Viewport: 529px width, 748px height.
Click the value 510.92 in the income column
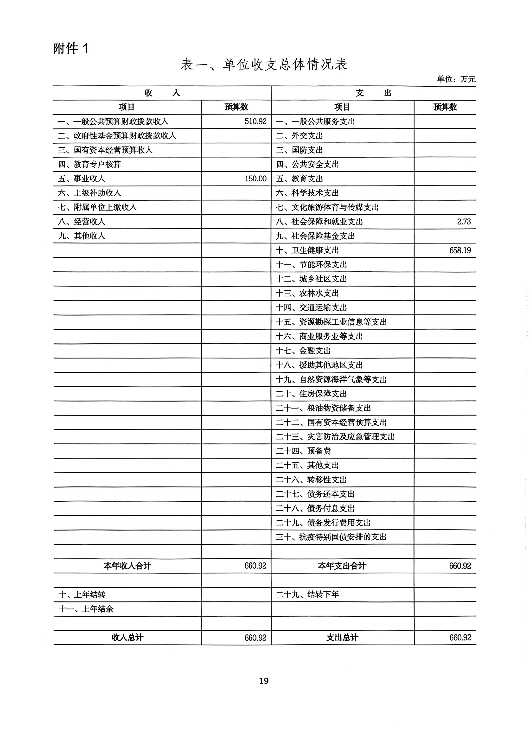click(255, 121)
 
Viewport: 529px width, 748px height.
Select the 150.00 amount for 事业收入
click(255, 179)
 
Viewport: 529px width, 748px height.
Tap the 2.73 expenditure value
click(464, 222)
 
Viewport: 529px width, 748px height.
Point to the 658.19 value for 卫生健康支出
click(460, 250)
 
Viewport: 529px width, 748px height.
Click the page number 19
click(264, 681)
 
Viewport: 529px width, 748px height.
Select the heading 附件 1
click(71, 49)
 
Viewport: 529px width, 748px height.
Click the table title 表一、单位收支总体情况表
click(264, 64)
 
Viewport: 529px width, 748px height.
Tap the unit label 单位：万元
click(456, 79)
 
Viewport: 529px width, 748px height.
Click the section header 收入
click(162, 93)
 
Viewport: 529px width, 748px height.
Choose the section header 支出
click(373, 93)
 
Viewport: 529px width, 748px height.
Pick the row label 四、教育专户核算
click(89, 164)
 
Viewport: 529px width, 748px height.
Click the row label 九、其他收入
click(82, 236)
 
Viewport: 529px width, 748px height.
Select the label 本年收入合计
click(127, 566)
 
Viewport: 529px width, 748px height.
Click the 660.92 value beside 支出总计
click(460, 638)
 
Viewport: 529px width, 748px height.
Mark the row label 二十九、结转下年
click(307, 595)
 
